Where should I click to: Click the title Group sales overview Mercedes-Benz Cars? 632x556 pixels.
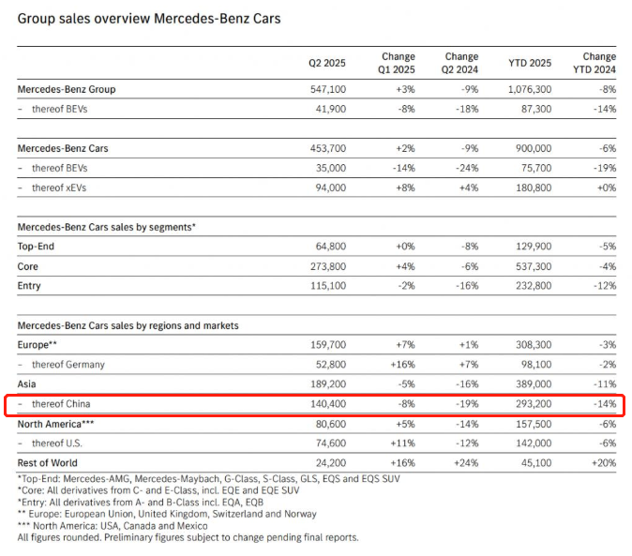click(x=149, y=19)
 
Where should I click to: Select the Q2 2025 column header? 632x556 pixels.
click(x=327, y=63)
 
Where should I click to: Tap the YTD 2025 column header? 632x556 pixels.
click(x=530, y=63)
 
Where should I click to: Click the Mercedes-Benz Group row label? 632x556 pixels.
click(x=67, y=89)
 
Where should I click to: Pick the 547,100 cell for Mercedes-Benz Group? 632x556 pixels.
click(x=328, y=89)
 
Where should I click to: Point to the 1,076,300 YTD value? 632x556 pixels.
click(x=530, y=89)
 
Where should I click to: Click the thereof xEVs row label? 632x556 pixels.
click(x=59, y=188)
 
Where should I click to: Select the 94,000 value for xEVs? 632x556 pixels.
click(x=330, y=188)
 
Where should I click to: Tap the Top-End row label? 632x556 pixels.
click(x=36, y=247)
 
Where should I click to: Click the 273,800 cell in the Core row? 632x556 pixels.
click(x=328, y=266)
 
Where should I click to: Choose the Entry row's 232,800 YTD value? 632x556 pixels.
click(x=534, y=286)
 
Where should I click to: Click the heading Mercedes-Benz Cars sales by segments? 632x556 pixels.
click(x=106, y=227)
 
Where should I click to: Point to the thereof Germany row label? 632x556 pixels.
click(x=68, y=365)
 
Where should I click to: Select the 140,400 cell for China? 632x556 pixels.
click(x=328, y=404)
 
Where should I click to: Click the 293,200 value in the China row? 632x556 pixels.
click(x=534, y=404)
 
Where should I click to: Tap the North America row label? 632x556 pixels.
click(x=55, y=424)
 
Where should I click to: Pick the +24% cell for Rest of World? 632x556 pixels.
click(x=466, y=463)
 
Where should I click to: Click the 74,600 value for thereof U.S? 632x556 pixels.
click(x=330, y=443)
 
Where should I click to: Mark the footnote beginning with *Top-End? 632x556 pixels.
click(x=209, y=479)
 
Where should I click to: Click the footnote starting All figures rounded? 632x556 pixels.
click(x=188, y=538)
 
